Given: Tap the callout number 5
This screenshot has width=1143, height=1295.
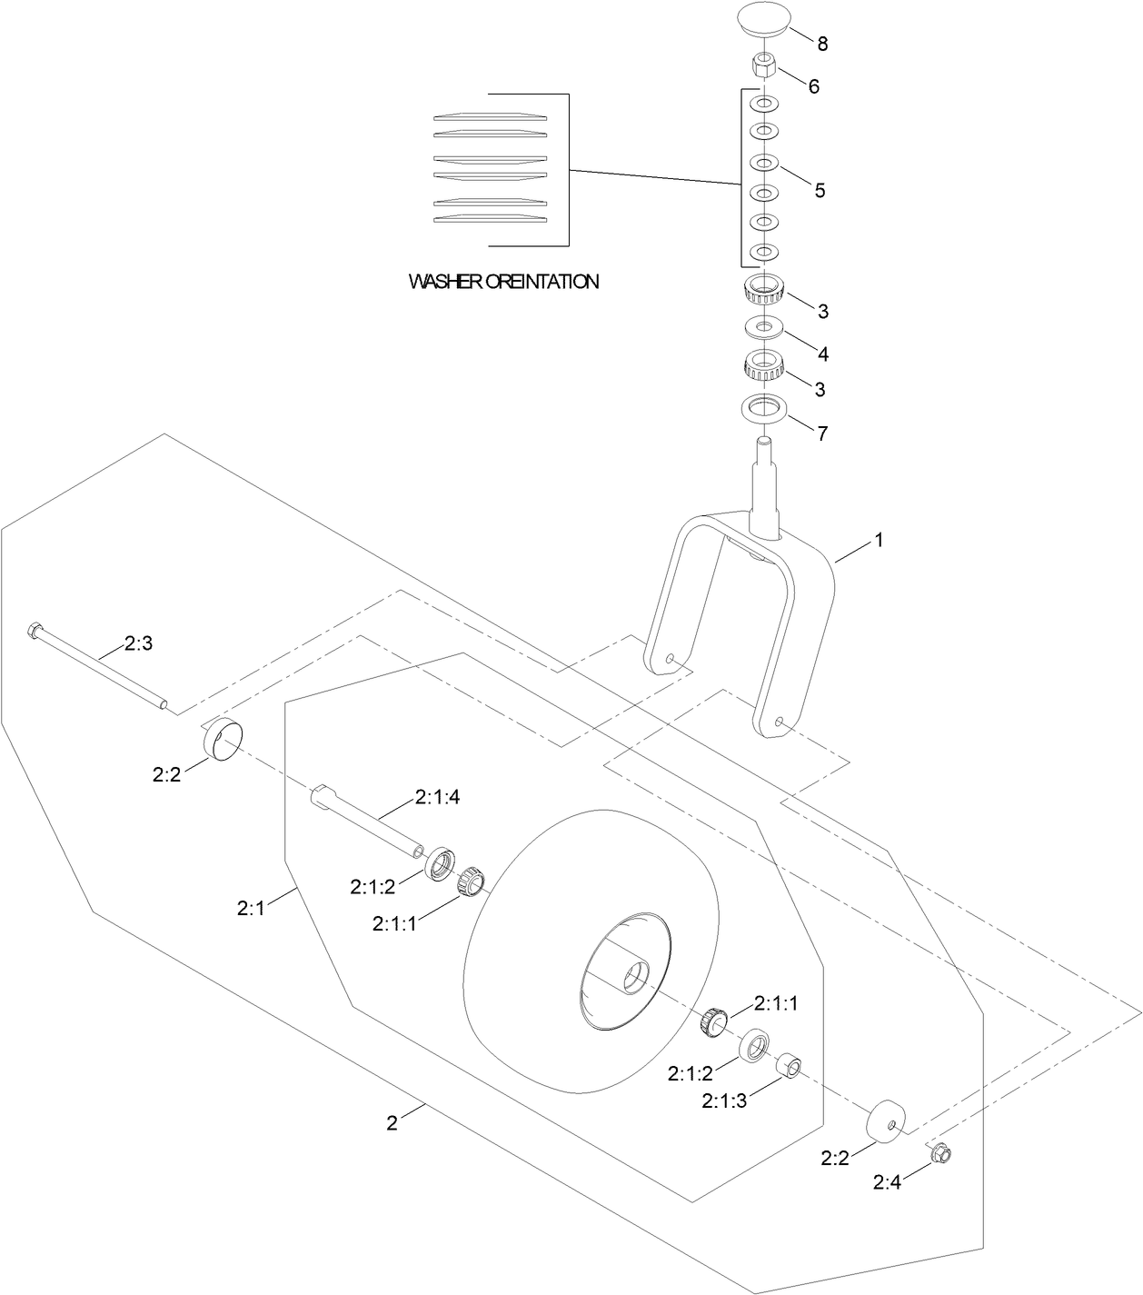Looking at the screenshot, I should pyautogui.click(x=819, y=191).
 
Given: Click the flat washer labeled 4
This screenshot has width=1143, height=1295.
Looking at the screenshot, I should pyautogui.click(x=763, y=325).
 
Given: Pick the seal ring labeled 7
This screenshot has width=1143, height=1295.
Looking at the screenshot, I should pyautogui.click(x=763, y=408).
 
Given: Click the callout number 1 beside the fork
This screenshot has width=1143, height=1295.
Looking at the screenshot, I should pyautogui.click(x=878, y=540).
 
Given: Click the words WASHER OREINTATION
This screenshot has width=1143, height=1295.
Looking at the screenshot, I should pyautogui.click(x=503, y=282).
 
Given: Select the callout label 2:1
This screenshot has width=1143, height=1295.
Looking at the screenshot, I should pyautogui.click(x=251, y=907).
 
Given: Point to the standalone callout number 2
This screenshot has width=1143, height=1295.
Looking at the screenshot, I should pyautogui.click(x=392, y=1123).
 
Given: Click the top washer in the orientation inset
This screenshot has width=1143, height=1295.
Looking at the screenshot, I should pyautogui.click(x=492, y=116).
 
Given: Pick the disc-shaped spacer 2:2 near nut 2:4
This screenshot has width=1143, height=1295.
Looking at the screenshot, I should pyautogui.click(x=887, y=1122).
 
